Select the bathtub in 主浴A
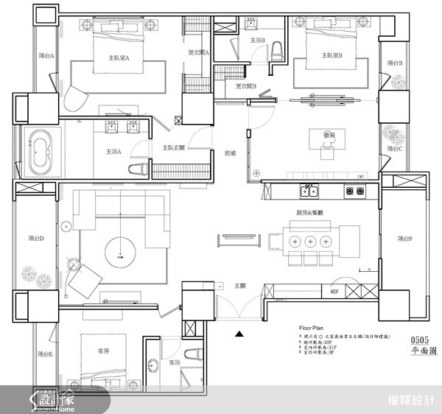pyautogui.click(x=41, y=152)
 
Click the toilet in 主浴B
pyautogui.click(x=276, y=52)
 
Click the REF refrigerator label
pyautogui.click(x=334, y=292)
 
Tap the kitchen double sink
pyautogui.click(x=309, y=193)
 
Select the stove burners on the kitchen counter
pyautogui.click(x=354, y=193)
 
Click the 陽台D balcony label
pyautogui.click(x=36, y=239)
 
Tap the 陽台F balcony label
pyautogui.click(x=404, y=239)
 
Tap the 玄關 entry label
pyautogui.click(x=240, y=284)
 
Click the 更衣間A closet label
pyautogui.click(x=198, y=52)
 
